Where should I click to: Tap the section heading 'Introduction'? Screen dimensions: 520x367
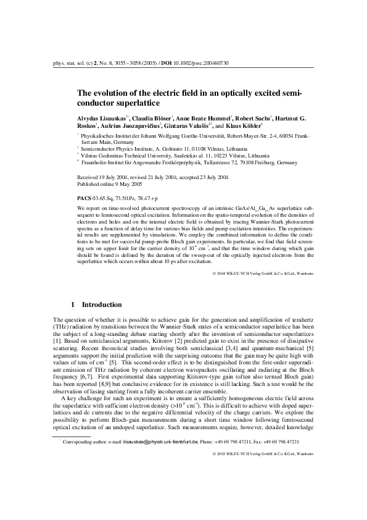[102, 304]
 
